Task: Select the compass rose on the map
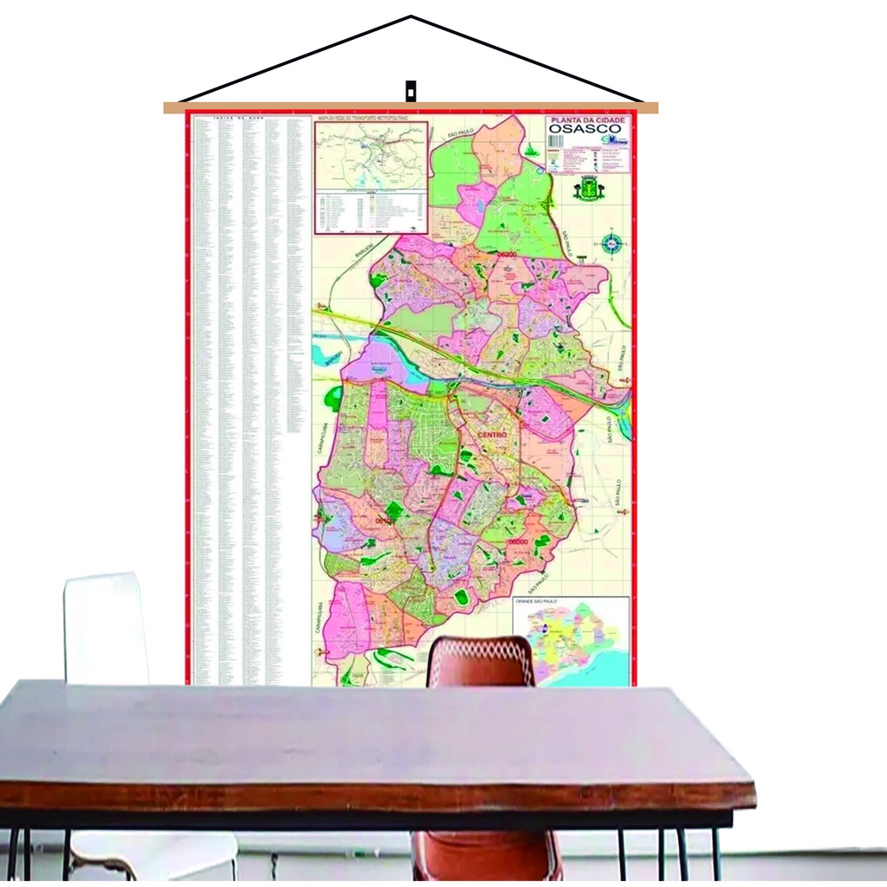click(612, 244)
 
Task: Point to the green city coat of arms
click(589, 188)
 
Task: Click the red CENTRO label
click(492, 435)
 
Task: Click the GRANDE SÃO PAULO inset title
click(537, 600)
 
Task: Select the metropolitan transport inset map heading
click(371, 117)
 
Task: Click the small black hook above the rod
click(411, 90)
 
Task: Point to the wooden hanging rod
click(411, 108)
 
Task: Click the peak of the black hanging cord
click(411, 16)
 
